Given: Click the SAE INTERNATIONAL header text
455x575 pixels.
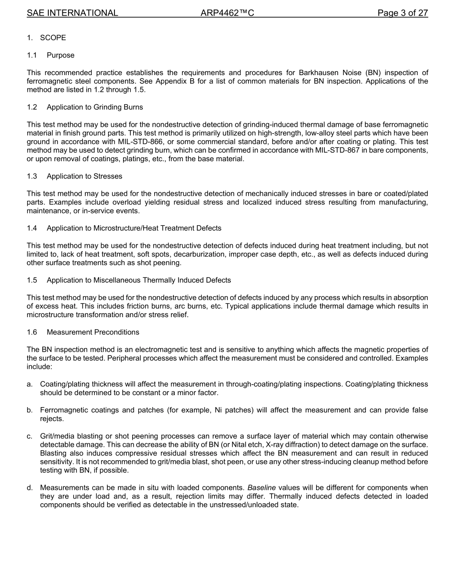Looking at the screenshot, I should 72,13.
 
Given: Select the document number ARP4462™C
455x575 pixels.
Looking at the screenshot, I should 227,13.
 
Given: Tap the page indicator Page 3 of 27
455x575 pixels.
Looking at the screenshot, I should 402,13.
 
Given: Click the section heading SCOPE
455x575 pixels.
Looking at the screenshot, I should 53,38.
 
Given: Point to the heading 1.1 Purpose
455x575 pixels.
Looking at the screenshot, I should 51,55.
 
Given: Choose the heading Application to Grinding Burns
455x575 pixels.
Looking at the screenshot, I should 95,107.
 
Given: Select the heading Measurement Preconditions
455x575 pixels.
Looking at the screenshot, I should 93,332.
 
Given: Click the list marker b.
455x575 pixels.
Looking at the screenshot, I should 30,410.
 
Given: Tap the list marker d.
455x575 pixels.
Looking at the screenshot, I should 30,488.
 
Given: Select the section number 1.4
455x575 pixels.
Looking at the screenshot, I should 32,228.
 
